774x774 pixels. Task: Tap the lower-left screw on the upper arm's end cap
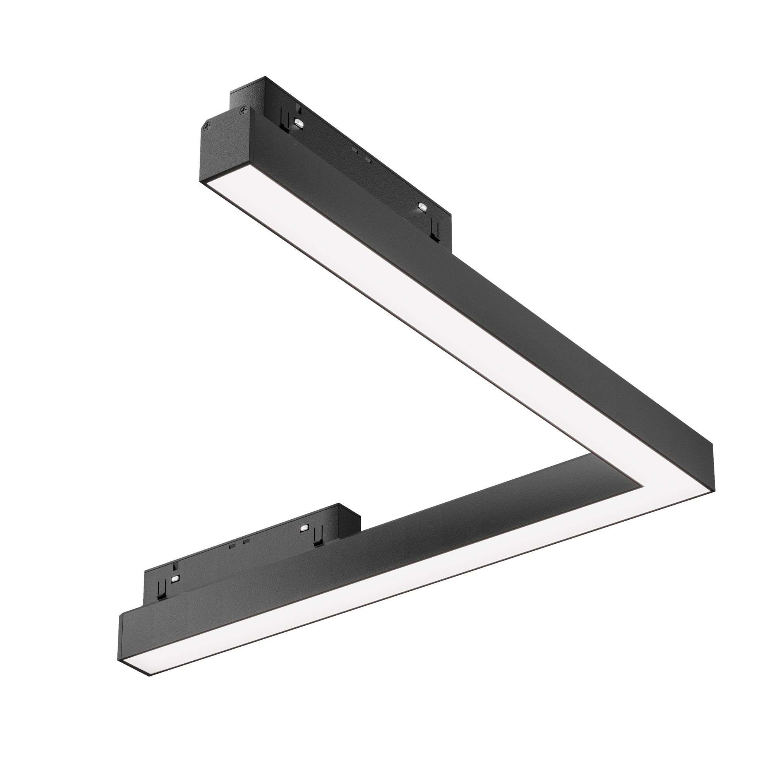(207, 126)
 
